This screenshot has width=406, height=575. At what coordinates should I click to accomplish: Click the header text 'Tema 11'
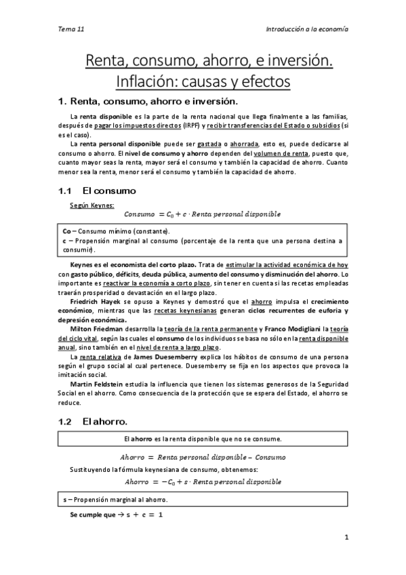pos(71,30)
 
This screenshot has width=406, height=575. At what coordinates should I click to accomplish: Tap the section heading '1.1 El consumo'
pos(98,191)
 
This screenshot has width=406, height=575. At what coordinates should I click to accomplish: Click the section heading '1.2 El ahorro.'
pos(94,421)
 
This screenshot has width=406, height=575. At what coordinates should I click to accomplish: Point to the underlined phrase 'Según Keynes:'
pos(92,205)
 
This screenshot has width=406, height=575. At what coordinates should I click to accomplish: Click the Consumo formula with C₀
pos(203,215)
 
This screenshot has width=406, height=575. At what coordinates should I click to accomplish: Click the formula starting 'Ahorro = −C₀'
pos(203,481)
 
